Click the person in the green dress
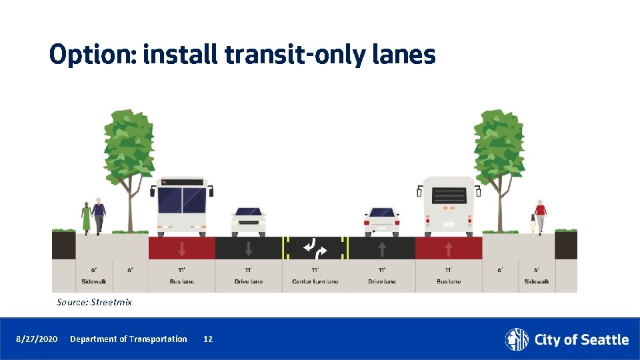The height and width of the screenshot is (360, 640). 86,217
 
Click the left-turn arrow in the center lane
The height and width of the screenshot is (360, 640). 310,247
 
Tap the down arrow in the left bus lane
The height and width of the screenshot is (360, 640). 182,249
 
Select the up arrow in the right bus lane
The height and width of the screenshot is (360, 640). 449,249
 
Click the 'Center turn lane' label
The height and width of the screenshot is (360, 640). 315,281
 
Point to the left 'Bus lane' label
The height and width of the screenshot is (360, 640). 181,281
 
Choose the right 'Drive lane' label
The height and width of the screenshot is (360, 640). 382,281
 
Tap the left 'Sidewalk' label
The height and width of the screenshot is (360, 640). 94,281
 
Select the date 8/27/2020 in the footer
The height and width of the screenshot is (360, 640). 37,339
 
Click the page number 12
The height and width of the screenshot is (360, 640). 208,339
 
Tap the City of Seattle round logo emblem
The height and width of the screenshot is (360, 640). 517,339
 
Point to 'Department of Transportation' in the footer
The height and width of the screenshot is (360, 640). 129,339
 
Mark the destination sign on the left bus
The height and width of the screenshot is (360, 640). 182,182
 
